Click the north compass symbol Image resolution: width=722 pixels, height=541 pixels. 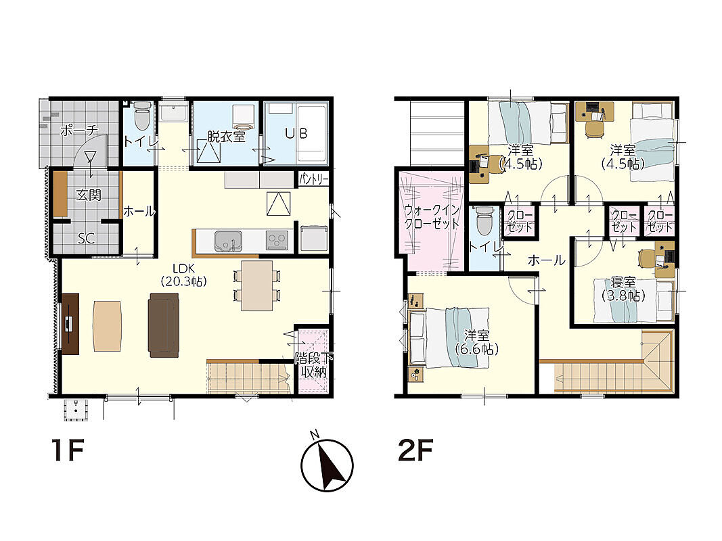click(x=327, y=464)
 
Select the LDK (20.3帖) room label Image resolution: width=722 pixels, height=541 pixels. click(x=184, y=275)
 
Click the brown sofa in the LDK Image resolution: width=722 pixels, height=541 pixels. click(x=164, y=325)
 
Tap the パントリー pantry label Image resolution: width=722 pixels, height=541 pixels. click(x=313, y=179)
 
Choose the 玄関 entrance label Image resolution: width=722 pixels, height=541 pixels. click(x=88, y=195)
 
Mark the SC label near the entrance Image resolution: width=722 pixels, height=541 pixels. click(x=86, y=238)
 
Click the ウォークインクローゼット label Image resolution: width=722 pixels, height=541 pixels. click(x=432, y=217)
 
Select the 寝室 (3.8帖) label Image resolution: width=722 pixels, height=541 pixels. click(x=623, y=289)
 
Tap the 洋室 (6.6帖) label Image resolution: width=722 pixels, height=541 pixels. click(x=476, y=342)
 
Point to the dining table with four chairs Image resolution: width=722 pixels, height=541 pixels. click(x=257, y=285)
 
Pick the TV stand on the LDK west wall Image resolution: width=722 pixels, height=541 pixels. click(x=70, y=324)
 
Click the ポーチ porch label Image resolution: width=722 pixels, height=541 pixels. click(x=79, y=131)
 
